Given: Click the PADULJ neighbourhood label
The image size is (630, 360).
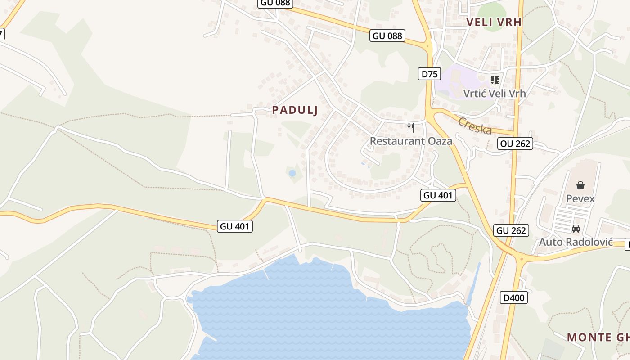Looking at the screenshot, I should click(295, 110).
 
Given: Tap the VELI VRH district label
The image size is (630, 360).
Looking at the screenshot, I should click(494, 22).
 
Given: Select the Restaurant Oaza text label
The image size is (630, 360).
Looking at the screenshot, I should click(411, 141).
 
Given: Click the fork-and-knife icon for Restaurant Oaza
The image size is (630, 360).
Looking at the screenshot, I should click(410, 127).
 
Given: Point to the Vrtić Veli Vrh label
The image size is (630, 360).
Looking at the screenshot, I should click(495, 94).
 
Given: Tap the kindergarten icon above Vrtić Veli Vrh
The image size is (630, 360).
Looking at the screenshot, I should click(495, 80).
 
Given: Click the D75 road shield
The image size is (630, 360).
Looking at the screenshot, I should click(429, 74).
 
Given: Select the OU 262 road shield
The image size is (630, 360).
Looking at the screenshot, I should click(515, 144).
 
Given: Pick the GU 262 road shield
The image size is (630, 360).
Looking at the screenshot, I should click(511, 230).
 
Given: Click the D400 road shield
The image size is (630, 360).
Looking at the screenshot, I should click(513, 297).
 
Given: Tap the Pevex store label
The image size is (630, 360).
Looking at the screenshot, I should click(580, 199).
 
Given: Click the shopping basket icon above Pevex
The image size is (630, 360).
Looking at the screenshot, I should click(580, 185).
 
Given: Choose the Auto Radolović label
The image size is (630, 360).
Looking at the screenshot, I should click(576, 242).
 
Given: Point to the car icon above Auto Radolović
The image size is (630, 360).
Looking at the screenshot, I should click(576, 229).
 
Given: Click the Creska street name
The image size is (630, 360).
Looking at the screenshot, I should click(475, 126).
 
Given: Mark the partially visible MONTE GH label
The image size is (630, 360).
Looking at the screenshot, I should click(598, 337).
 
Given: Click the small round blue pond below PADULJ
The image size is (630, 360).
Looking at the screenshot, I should click(292, 173).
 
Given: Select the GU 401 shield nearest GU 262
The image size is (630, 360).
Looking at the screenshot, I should click(439, 195).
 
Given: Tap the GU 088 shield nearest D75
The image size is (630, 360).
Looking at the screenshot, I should click(387, 36).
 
